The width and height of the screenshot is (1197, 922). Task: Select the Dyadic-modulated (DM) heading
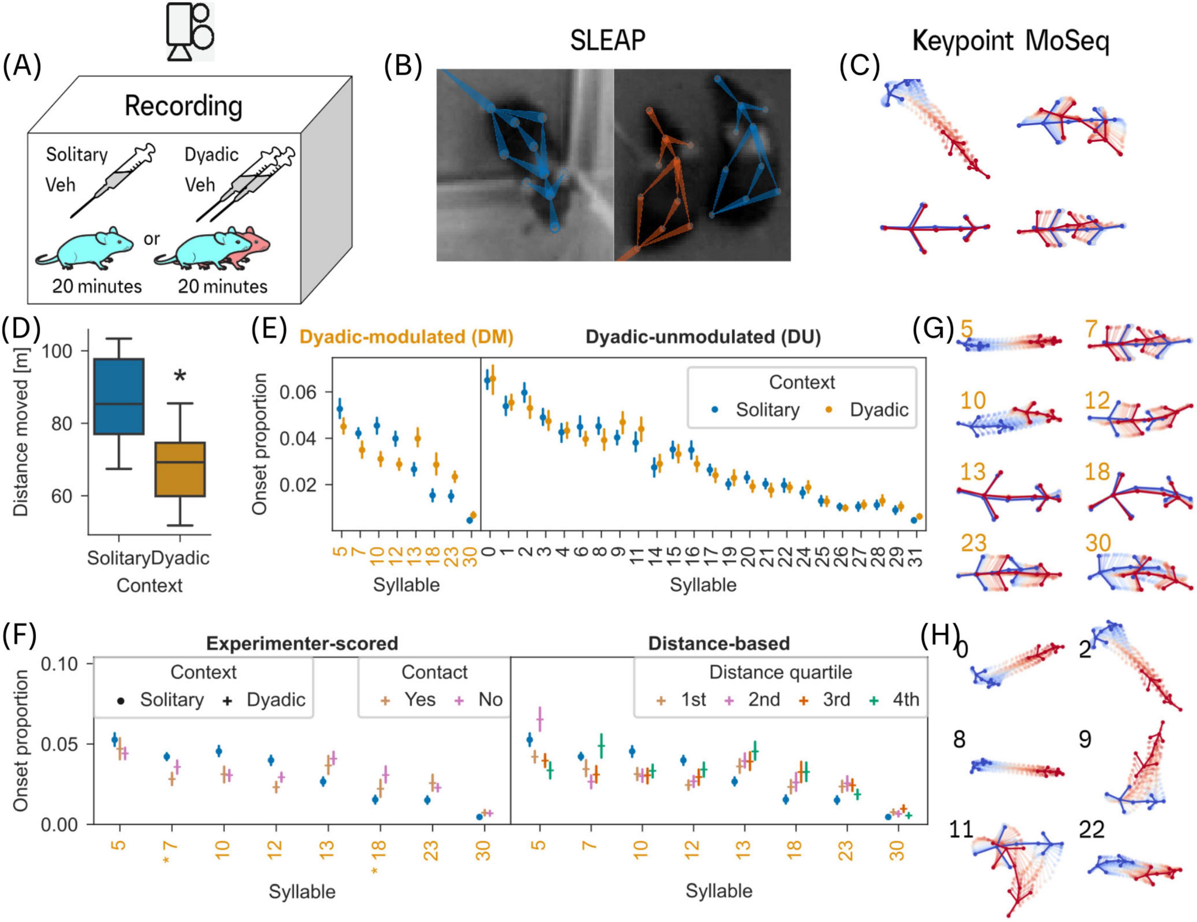406,337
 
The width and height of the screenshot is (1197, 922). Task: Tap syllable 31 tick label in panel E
916,556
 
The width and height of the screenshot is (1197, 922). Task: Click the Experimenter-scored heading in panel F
302,643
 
